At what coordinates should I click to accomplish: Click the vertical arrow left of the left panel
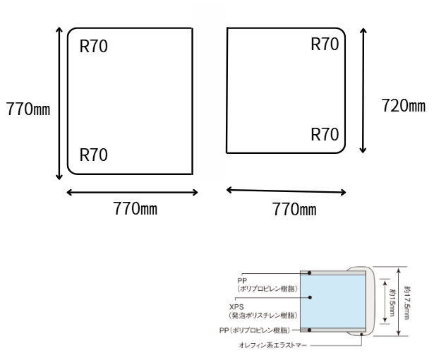click(59, 103)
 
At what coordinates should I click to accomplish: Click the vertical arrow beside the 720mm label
click(363, 90)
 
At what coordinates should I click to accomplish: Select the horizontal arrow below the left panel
click(132, 191)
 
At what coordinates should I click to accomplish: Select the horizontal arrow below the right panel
click(287, 190)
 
